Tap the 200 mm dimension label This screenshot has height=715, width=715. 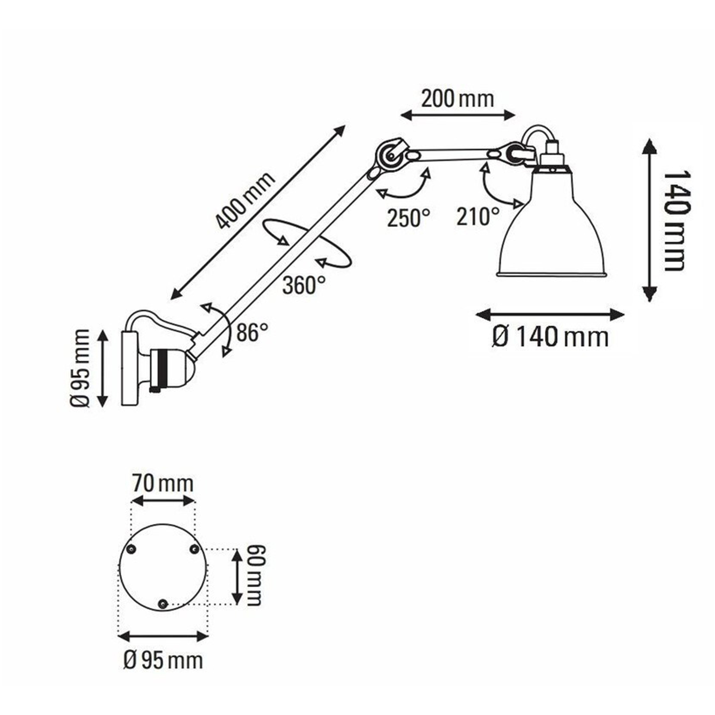[x=457, y=99]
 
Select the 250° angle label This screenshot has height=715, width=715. [x=408, y=218]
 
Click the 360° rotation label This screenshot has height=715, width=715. [x=304, y=285]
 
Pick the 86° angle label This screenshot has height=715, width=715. [x=252, y=332]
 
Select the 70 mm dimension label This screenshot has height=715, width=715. [x=163, y=483]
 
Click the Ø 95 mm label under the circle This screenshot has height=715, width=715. [x=163, y=661]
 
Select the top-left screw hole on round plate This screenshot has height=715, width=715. [x=132, y=550]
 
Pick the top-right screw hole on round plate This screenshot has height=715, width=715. [x=194, y=550]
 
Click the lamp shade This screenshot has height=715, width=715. [x=552, y=229]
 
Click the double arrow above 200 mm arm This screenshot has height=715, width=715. [x=458, y=114]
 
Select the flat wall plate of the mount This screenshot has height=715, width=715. [x=129, y=368]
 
